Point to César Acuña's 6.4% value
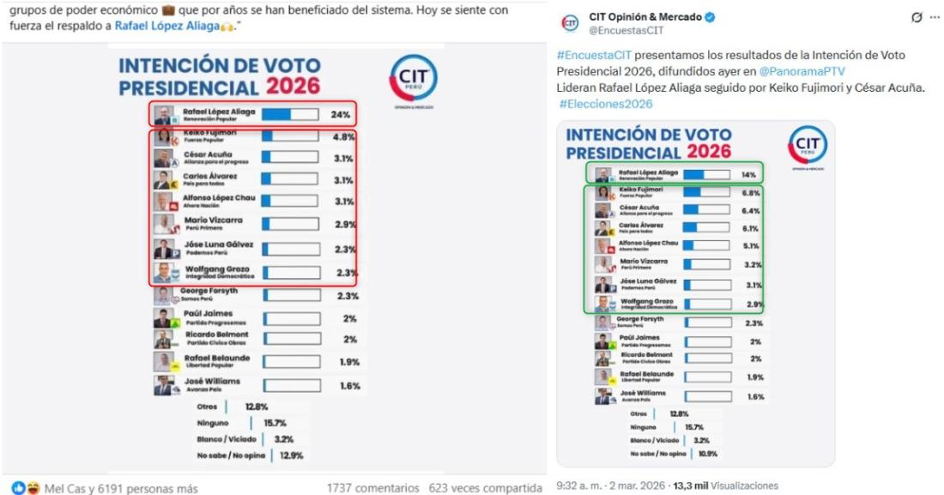[x=749, y=210]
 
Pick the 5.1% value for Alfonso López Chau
[x=749, y=246]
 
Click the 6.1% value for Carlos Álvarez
[x=749, y=229]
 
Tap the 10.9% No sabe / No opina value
[x=707, y=453]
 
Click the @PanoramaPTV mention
[x=808, y=71]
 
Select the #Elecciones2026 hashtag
[x=605, y=104]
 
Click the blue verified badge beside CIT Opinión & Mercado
[x=711, y=18]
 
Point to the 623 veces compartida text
[x=485, y=488]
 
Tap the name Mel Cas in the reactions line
[x=64, y=488]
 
